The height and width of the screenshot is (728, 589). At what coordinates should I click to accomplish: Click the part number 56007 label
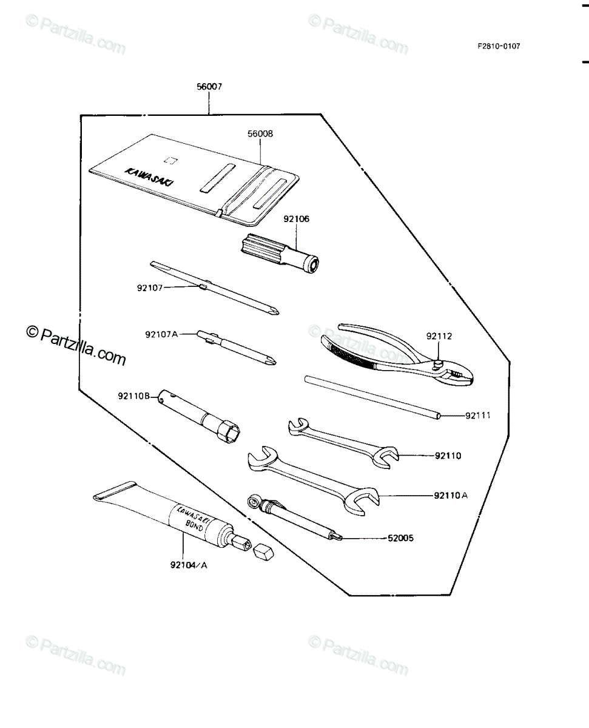pos(209,87)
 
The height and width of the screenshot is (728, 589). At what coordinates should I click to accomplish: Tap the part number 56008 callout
pos(260,133)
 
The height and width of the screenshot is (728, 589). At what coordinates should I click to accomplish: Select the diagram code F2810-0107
pos(499,46)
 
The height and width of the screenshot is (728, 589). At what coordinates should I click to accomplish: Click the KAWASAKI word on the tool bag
pos(149,177)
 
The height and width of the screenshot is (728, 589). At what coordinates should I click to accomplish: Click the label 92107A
pos(161,334)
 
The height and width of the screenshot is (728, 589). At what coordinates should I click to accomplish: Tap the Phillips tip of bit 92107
pos(274,311)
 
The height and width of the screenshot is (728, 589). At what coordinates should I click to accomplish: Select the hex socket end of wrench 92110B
pos(229,432)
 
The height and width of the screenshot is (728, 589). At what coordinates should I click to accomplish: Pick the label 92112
pos(439,336)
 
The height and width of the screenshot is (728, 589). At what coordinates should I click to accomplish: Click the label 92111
pos(478,416)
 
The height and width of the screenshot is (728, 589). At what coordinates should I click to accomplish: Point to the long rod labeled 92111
pos(372,397)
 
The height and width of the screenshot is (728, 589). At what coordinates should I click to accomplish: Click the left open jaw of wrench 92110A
pos(262,458)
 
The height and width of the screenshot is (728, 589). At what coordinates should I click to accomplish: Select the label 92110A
pos(451,495)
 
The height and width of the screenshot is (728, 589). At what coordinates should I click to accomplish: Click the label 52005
pos(400,538)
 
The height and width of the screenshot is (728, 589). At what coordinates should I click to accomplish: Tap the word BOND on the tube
pos(194,525)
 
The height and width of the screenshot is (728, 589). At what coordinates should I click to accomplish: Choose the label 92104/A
pos(189,565)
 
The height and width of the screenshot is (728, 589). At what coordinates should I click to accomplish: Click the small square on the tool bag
pos(170,160)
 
